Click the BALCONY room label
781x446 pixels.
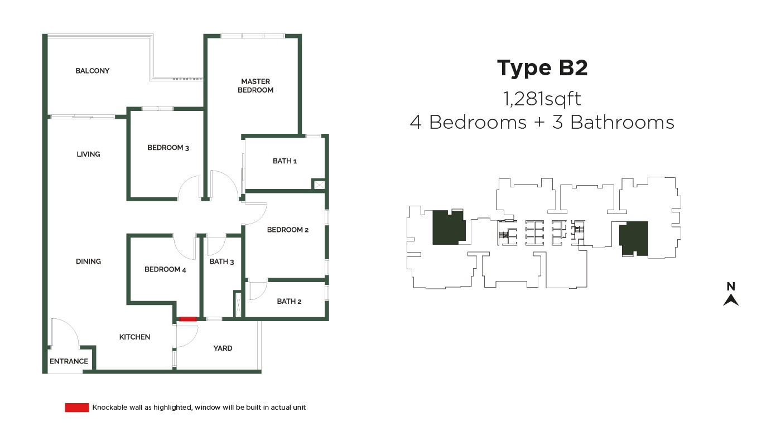pyautogui.click(x=93, y=71)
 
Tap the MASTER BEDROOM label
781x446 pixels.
pyautogui.click(x=255, y=86)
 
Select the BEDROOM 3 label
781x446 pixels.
pyautogui.click(x=168, y=148)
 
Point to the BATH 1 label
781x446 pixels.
pyautogui.click(x=285, y=161)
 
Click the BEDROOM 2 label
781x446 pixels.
pyautogui.click(x=288, y=230)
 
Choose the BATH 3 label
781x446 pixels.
pyautogui.click(x=222, y=261)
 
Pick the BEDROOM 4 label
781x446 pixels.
pyautogui.click(x=165, y=269)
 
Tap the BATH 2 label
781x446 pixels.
pyautogui.click(x=289, y=302)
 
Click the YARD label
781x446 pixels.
pyautogui.click(x=223, y=348)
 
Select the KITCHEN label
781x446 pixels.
pyautogui.click(x=134, y=337)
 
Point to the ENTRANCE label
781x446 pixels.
pyautogui.click(x=69, y=361)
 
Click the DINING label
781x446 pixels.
pyautogui.click(x=88, y=261)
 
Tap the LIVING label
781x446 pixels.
pyautogui.click(x=88, y=154)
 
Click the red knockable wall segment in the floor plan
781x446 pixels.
pyautogui.click(x=188, y=319)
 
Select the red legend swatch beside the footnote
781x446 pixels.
pyautogui.click(x=77, y=408)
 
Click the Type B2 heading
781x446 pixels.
pyautogui.click(x=542, y=68)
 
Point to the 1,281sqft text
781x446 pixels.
pyautogui.click(x=542, y=99)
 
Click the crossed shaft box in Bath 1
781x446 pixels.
pyautogui.click(x=319, y=185)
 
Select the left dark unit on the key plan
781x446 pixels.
pyautogui.click(x=449, y=227)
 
